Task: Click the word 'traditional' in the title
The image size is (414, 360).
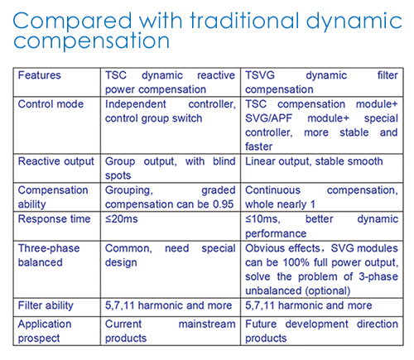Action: [245, 21]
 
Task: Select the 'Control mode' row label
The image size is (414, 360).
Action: [51, 104]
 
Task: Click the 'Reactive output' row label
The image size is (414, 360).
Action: [56, 161]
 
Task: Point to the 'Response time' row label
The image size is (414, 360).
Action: [54, 219]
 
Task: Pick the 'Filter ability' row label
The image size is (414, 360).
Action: [46, 305]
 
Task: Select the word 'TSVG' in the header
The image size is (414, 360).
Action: [260, 75]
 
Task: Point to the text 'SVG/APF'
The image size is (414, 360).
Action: [268, 118]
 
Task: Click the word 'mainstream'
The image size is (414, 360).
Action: [207, 324]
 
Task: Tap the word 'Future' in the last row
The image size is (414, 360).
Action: [261, 324]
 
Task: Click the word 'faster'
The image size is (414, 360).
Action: [258, 146]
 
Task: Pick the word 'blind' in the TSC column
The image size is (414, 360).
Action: [224, 161]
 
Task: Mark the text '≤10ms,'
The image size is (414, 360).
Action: [262, 219]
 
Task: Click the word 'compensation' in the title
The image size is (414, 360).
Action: [91, 41]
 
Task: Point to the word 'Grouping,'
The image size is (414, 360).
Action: [129, 190]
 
